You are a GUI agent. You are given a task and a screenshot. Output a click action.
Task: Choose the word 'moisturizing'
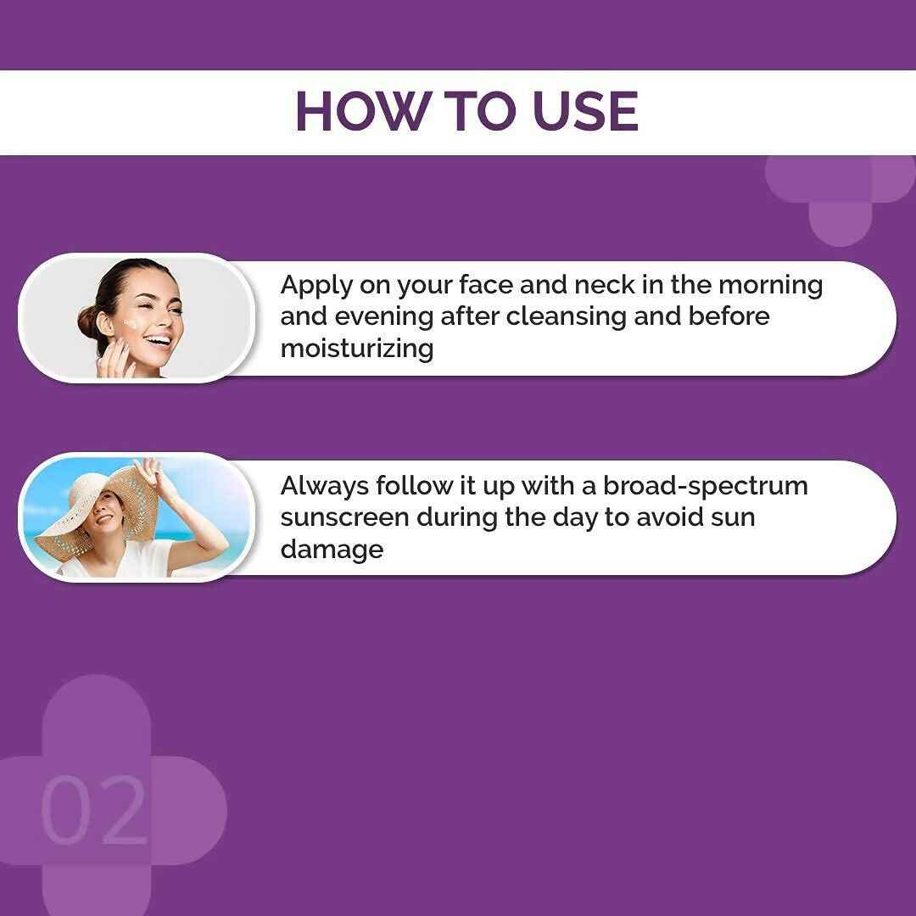(356, 349)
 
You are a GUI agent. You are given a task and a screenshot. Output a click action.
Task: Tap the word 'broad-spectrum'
(706, 486)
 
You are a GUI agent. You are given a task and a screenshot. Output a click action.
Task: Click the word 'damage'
(332, 549)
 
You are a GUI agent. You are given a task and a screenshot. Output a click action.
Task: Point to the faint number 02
(93, 811)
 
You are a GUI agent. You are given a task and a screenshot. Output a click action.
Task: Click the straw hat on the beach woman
(81, 500)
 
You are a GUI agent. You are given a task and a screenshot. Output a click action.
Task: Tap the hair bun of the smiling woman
(89, 322)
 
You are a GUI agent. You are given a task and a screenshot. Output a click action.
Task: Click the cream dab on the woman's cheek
(130, 323)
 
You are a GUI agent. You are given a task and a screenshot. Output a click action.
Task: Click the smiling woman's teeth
(157, 341)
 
